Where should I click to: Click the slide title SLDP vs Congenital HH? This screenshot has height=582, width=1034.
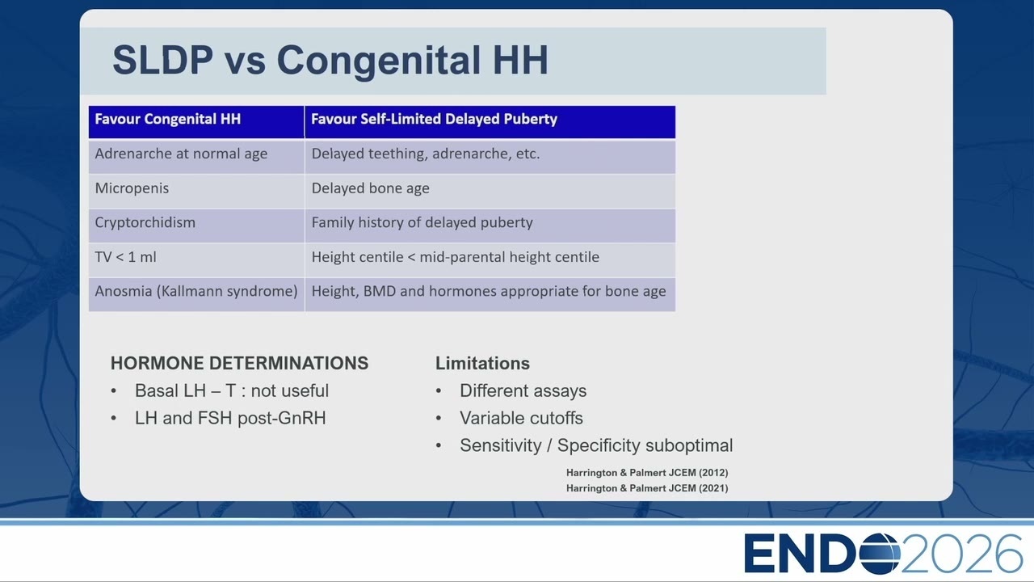pos(330,60)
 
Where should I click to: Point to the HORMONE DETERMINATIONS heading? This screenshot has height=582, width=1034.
pos(239,364)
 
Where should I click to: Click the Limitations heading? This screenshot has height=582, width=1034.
pos(482,364)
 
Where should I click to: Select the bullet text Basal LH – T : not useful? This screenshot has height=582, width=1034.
pos(232,390)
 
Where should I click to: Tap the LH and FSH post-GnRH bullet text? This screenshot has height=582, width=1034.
pos(230,418)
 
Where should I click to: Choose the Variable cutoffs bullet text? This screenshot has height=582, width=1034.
pos(521,418)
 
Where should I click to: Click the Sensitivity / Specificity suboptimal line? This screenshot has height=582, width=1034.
pos(596,445)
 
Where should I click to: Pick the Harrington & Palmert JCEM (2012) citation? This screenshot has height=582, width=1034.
pos(647,473)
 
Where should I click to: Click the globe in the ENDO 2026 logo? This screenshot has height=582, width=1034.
pos(880,554)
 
